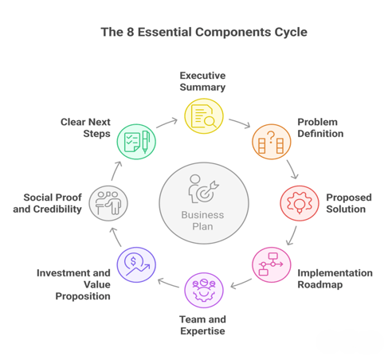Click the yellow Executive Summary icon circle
[204, 116]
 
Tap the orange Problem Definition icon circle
[272, 142]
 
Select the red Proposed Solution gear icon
[300, 203]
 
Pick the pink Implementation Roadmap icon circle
[272, 264]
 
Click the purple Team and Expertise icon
[204, 290]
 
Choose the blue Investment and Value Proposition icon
[136, 264]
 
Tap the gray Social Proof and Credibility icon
[108, 203]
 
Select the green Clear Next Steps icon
[136, 142]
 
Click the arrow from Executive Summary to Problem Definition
[240, 123]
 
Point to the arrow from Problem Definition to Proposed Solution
[292, 170]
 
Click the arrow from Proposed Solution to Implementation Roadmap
[292, 236]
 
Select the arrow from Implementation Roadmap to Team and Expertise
[241, 284]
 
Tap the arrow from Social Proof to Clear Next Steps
[116, 170]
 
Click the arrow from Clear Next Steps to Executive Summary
[167, 123]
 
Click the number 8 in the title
[130, 32]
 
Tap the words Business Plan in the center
[202, 221]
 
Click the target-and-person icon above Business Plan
[203, 189]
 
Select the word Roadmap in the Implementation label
[320, 284]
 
